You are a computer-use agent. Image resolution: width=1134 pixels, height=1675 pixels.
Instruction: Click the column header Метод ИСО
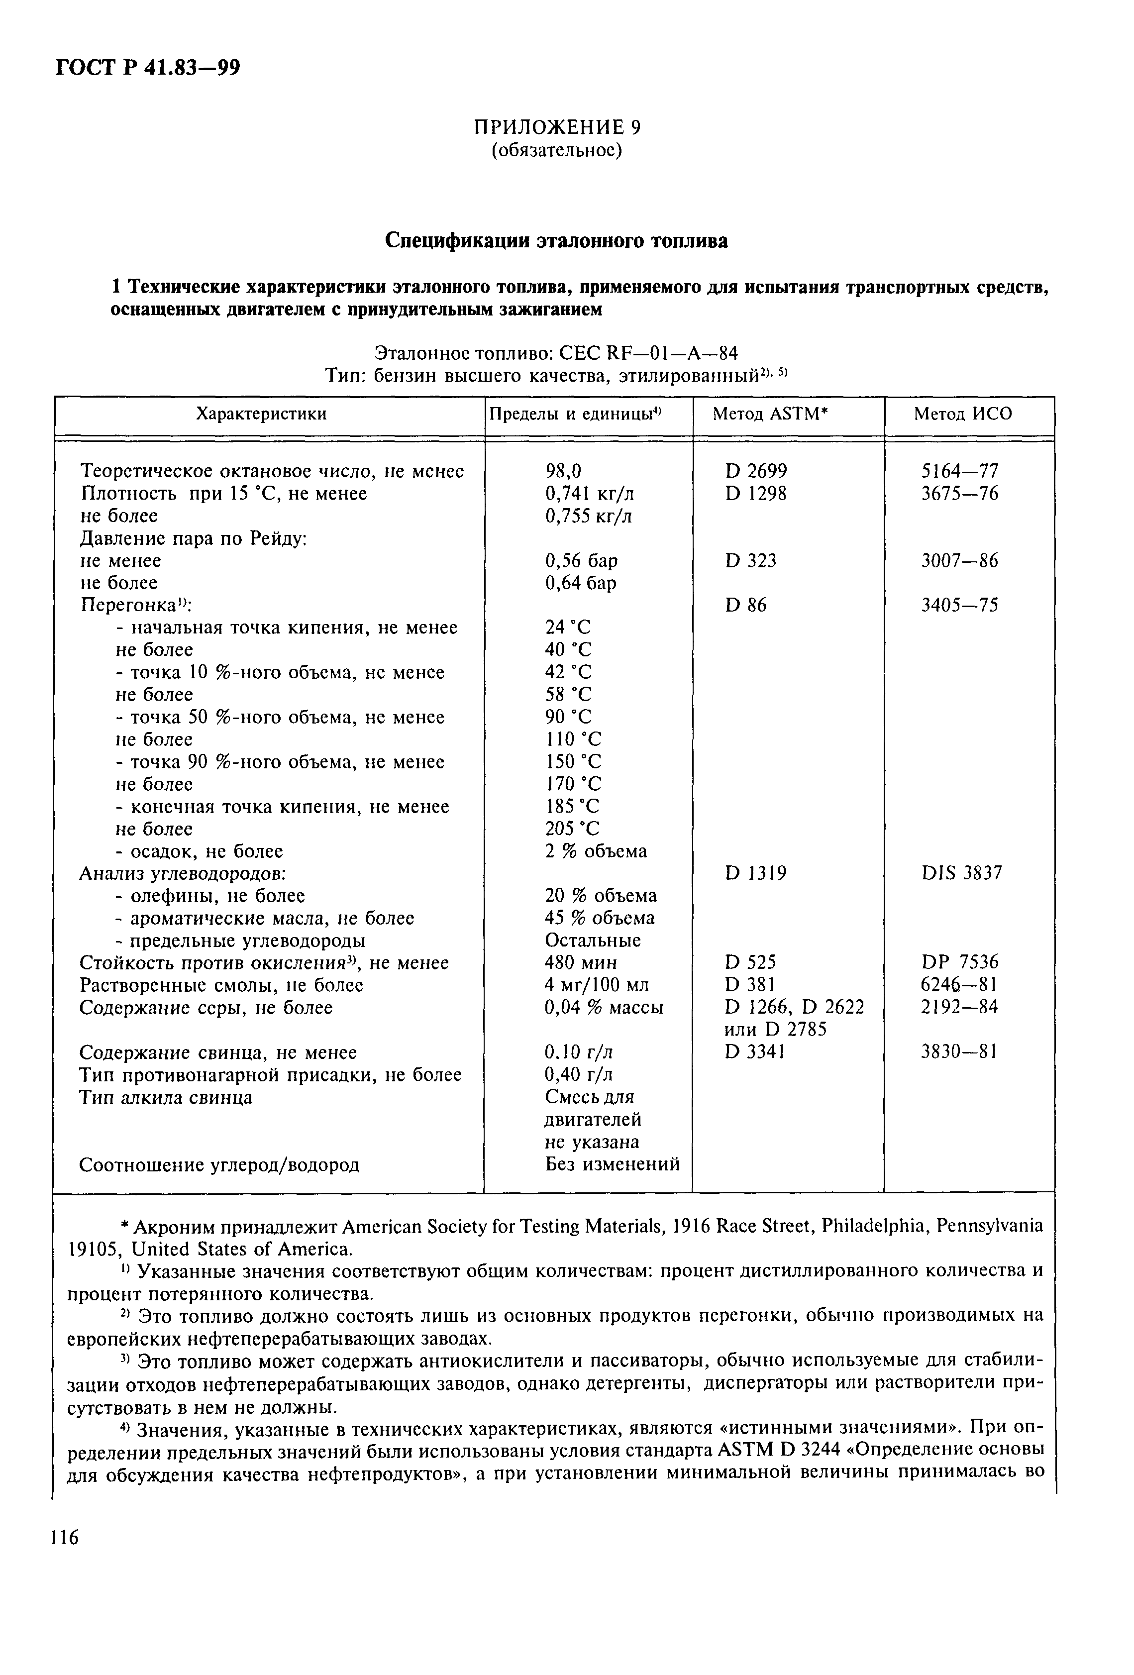pyautogui.click(x=962, y=414)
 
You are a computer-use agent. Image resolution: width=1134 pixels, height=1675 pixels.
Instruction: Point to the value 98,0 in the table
pyautogui.click(x=563, y=471)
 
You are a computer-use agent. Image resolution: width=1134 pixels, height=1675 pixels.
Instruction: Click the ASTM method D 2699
pyautogui.click(x=756, y=471)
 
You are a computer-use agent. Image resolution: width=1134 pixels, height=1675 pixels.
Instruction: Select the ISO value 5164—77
pyautogui.click(x=959, y=471)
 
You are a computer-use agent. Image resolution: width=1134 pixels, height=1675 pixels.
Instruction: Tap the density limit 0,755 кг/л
pyautogui.click(x=588, y=516)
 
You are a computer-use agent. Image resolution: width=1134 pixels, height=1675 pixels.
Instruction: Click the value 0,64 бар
pyautogui.click(x=580, y=583)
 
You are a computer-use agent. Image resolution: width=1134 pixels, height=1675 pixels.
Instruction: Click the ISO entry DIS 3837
pyautogui.click(x=961, y=873)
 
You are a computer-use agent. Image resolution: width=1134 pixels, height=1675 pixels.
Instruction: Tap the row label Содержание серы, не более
pyautogui.click(x=206, y=1008)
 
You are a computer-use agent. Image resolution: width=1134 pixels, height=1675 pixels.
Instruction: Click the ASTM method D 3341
pyautogui.click(x=755, y=1052)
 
